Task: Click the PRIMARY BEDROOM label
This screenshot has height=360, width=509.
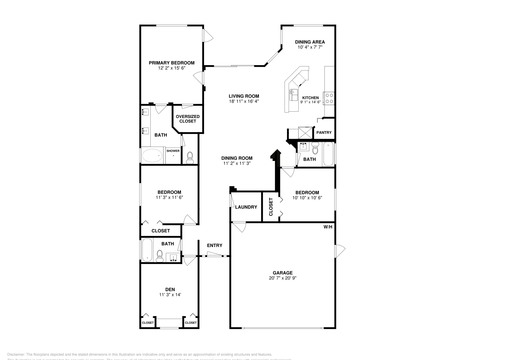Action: [171, 63]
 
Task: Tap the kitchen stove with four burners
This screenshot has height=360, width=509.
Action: [329, 98]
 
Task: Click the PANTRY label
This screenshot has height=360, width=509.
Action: [324, 133]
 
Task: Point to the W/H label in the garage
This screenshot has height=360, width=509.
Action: [328, 227]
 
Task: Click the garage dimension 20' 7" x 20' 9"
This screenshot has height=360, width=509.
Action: [282, 278]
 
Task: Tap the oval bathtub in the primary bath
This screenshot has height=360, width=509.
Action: [152, 156]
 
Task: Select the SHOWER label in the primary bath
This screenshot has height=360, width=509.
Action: [173, 151]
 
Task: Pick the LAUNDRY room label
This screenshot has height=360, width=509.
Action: [246, 207]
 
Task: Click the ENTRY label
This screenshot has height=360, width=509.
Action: [214, 246]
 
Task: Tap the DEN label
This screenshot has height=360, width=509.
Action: [170, 289]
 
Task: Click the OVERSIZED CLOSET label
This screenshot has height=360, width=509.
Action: [188, 119]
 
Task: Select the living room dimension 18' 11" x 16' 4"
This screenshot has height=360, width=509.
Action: [244, 101]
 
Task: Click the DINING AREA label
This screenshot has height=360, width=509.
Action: [310, 42]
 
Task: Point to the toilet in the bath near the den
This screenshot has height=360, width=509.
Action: [160, 255]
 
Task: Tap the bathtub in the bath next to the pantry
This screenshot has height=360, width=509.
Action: [328, 154]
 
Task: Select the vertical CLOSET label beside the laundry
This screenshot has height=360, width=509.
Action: [271, 207]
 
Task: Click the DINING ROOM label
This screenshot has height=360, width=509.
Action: [237, 158]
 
